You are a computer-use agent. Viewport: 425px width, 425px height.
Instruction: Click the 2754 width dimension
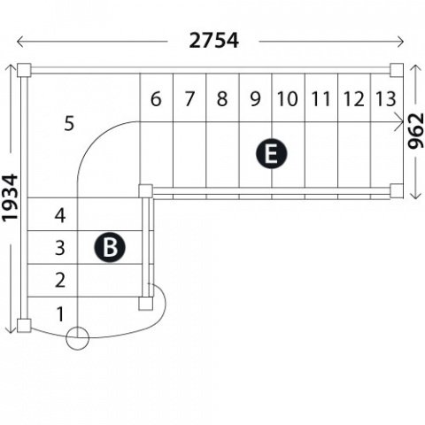point(213,41)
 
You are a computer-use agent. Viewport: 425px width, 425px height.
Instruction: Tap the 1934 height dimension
point(11,197)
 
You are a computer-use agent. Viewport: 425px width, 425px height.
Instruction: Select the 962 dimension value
point(415,131)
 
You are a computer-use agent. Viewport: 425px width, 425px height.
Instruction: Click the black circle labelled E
point(271,153)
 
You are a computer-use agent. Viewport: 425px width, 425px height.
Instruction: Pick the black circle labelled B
point(110,247)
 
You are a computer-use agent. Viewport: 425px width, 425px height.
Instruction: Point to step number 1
point(60,314)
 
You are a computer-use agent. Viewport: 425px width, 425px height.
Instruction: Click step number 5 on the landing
point(69,124)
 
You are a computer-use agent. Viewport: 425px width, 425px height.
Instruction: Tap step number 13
point(385,99)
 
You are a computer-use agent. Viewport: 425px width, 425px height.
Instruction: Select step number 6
point(156,99)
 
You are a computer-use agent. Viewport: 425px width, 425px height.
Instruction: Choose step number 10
point(287,99)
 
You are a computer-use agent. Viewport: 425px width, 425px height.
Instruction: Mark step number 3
point(60,248)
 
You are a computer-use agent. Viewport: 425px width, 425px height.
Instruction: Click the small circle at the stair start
point(77,338)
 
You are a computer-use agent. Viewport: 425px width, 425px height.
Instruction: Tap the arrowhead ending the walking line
point(399,121)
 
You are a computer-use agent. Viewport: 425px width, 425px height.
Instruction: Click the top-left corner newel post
point(24,70)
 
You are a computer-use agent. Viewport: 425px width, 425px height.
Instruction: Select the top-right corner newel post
point(397,70)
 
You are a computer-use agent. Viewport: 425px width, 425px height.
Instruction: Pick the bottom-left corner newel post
point(24,326)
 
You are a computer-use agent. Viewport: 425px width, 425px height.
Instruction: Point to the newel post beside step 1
point(146,304)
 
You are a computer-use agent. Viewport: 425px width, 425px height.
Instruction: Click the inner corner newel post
point(146,191)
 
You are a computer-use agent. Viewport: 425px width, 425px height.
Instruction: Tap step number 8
point(222,99)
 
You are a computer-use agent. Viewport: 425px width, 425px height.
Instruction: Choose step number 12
point(353,99)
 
